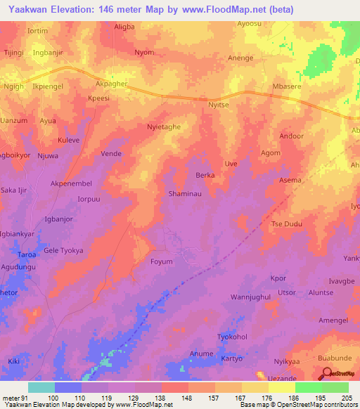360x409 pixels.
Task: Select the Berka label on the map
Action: click(x=205, y=175)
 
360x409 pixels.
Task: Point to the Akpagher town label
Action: click(x=112, y=82)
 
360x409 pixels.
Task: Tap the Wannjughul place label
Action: click(x=250, y=298)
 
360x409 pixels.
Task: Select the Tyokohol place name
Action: click(x=233, y=337)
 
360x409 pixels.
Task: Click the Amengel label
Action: click(x=333, y=320)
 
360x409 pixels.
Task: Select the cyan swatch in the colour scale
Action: click(x=41, y=387)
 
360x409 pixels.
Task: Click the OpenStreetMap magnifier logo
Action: click(x=326, y=375)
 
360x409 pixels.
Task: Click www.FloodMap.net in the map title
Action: click(x=226, y=10)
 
